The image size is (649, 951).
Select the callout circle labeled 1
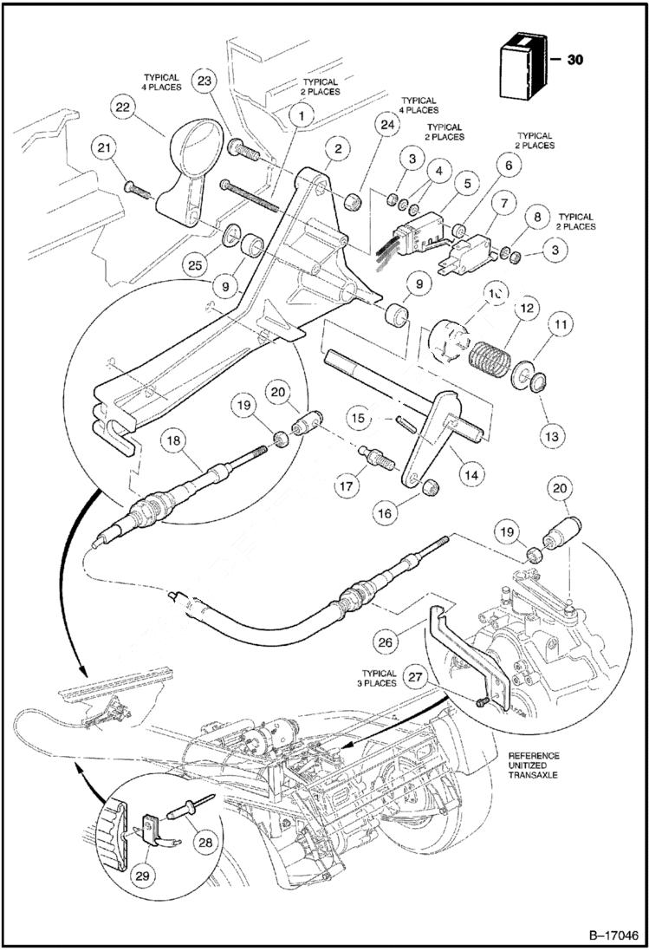point(301,114)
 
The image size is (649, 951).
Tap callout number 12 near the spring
point(525,309)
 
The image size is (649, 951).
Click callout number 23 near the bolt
point(204,83)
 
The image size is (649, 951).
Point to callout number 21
point(105,150)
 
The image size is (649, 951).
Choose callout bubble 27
point(417,678)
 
